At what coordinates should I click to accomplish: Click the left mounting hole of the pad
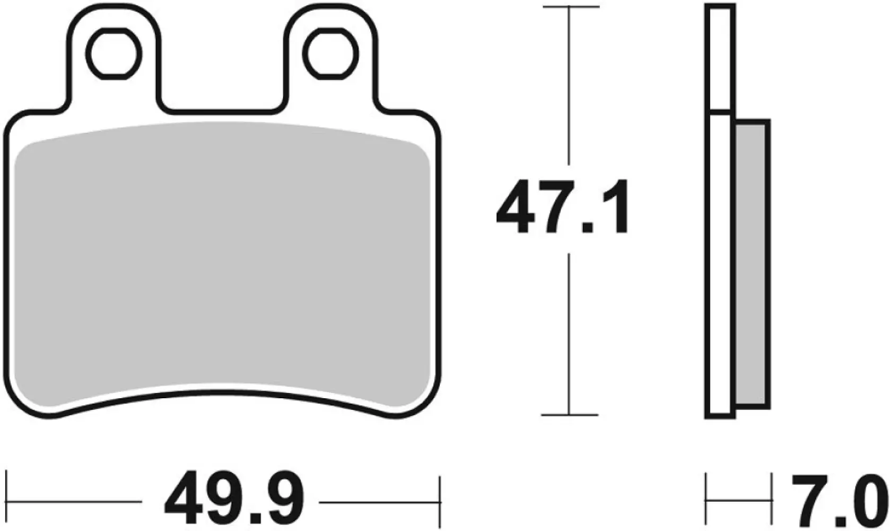[116, 55]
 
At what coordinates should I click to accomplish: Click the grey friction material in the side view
[752, 265]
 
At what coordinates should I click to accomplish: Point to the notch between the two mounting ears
[223, 101]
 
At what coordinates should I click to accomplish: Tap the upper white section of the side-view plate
[720, 58]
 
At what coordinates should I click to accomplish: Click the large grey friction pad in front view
[223, 265]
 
